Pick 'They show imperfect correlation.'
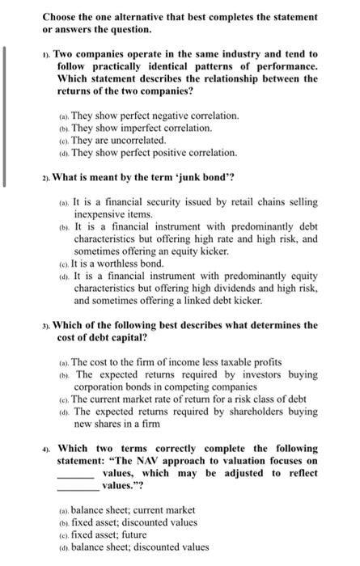click(x=142, y=128)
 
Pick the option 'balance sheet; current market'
click(x=133, y=510)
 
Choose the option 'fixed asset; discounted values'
click(x=133, y=522)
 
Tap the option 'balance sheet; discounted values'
click(x=139, y=547)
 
